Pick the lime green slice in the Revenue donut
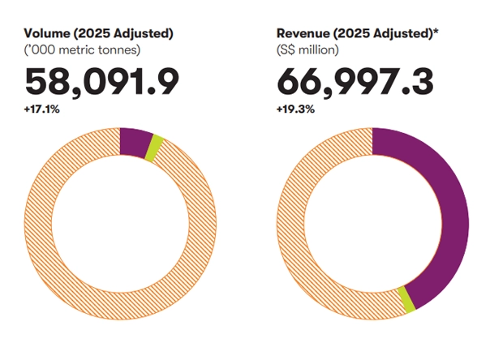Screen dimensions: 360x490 [x=406, y=299]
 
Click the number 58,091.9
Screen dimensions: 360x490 [x=101, y=80]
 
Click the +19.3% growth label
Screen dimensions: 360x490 [x=293, y=108]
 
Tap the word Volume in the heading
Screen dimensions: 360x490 [x=45, y=33]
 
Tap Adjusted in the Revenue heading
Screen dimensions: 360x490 [x=397, y=33]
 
